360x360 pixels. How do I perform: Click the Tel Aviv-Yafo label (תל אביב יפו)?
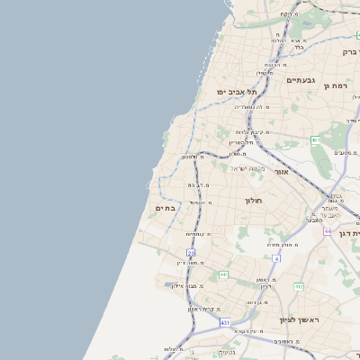point(237,92)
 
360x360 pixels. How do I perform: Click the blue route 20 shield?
point(191,254)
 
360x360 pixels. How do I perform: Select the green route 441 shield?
point(222,274)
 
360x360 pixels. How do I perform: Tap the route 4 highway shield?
point(276,258)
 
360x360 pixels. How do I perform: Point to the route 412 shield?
point(298,286)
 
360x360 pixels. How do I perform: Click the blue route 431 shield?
point(225,322)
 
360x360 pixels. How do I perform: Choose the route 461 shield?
point(316,140)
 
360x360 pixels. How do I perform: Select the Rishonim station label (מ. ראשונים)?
point(285,342)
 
